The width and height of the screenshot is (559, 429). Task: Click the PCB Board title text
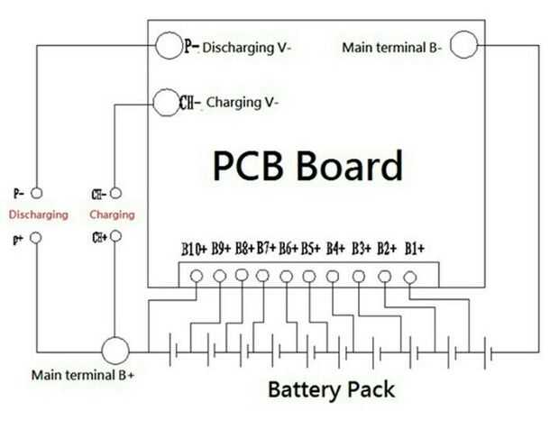307,166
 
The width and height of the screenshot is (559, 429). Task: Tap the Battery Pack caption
331,390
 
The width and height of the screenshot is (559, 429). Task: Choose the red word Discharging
39,214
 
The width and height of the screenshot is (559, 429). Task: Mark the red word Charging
113,214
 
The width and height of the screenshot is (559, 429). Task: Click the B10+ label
194,249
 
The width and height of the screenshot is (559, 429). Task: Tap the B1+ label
415,249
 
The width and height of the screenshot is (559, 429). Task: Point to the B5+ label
311,249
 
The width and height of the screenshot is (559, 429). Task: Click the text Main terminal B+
83,375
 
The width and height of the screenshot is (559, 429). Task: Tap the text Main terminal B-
392,48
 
